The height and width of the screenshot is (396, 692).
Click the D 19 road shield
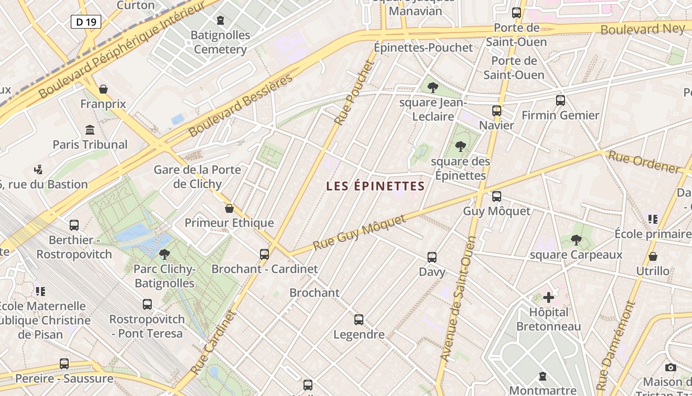click(86, 21)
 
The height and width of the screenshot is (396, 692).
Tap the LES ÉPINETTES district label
click(376, 186)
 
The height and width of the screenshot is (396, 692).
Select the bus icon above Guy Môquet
click(497, 197)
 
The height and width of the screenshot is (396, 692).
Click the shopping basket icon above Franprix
click(103, 89)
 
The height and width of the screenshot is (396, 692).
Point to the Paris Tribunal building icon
click(90, 130)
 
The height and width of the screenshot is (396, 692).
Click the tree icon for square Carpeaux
click(576, 240)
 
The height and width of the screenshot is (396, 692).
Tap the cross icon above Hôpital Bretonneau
click(549, 297)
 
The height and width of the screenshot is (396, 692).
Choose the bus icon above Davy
click(432, 257)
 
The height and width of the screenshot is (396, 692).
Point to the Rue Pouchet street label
click(353, 93)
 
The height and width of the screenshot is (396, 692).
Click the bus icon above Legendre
click(359, 320)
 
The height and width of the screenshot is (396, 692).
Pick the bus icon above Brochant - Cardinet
click(264, 254)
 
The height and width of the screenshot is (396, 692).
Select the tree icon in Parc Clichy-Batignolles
click(165, 254)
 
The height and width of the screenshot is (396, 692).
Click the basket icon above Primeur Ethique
click(229, 208)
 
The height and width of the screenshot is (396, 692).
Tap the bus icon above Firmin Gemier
click(561, 100)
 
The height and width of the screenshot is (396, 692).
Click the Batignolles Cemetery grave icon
click(220, 20)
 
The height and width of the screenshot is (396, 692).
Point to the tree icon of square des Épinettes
click(461, 147)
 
